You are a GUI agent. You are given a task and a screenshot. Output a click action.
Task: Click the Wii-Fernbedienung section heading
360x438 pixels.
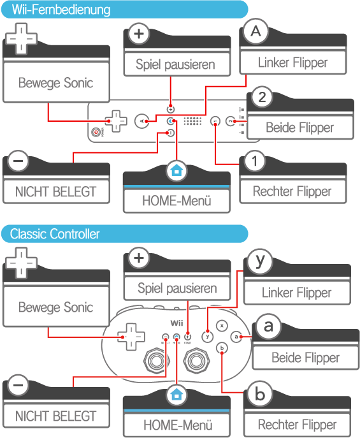(x=61, y=10)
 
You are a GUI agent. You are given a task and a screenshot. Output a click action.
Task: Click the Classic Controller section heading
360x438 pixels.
(x=55, y=234)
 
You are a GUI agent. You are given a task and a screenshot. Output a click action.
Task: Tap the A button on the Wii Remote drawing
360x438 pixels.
(x=141, y=121)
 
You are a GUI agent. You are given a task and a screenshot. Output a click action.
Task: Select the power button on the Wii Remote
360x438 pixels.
(x=96, y=132)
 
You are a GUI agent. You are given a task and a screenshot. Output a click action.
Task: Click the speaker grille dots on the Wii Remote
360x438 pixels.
(x=192, y=121)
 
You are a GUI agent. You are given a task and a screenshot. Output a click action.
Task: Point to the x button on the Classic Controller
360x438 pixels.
(x=222, y=326)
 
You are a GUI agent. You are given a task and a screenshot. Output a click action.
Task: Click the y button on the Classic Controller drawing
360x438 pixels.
(x=207, y=337)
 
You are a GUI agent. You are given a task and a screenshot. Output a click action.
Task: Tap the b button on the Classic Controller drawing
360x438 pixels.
(x=222, y=348)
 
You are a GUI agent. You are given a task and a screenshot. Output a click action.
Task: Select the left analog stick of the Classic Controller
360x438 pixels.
(x=157, y=361)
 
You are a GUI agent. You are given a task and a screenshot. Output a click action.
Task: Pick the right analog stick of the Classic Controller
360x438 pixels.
(x=196, y=361)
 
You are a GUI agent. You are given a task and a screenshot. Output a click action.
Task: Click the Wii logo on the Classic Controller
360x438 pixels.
(x=176, y=323)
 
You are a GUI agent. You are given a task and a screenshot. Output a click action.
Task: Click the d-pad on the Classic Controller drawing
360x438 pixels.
(x=131, y=337)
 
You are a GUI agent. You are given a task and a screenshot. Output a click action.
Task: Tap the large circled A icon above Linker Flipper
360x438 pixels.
(x=256, y=31)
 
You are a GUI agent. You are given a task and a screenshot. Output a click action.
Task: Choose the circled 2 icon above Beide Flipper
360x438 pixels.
(x=262, y=97)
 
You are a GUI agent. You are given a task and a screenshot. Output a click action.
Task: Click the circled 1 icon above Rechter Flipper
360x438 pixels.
(x=254, y=161)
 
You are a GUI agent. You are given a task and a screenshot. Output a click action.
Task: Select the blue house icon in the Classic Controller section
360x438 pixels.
(x=176, y=395)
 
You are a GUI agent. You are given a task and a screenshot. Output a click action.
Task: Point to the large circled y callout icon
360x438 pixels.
(x=260, y=261)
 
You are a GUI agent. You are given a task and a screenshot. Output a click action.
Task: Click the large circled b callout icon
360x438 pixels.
(x=260, y=394)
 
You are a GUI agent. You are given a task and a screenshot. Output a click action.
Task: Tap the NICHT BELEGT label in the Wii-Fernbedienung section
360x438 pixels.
(x=56, y=192)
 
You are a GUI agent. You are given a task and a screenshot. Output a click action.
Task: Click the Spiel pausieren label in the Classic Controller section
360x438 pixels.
(x=177, y=289)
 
